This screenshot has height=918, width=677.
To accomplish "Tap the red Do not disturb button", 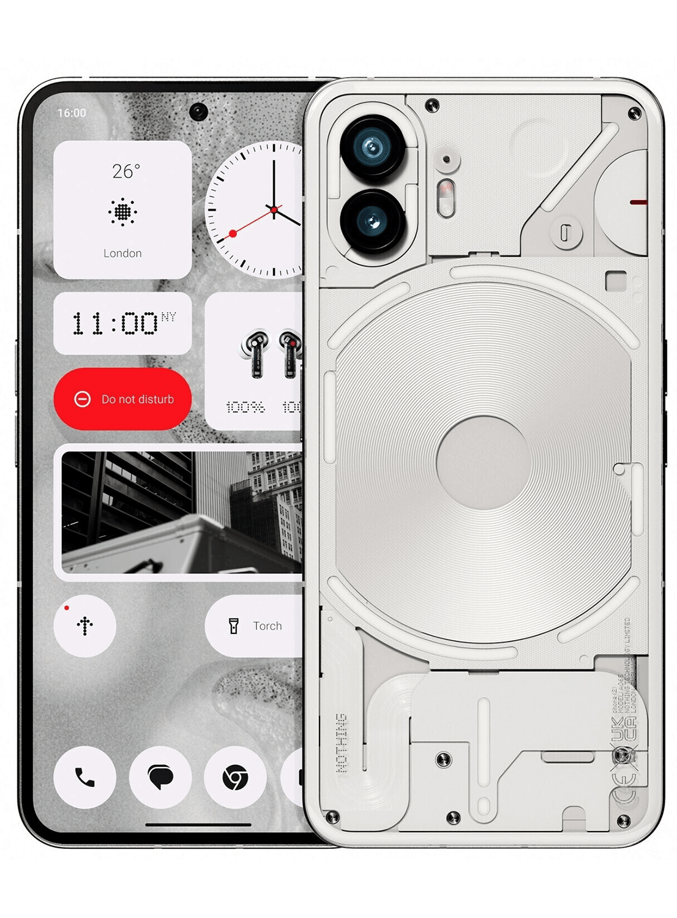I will click(122, 399).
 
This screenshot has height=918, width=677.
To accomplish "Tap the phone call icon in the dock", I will click(84, 777).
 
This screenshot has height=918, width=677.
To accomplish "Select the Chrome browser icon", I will click(235, 778).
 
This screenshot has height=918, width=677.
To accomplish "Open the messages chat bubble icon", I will click(160, 778).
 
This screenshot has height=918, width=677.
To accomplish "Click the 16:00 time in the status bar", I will click(72, 113).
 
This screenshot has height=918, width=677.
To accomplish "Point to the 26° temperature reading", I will click(125, 171).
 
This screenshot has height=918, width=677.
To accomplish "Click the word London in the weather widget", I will click(122, 253).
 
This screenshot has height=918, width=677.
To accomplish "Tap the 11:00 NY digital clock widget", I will click(122, 323).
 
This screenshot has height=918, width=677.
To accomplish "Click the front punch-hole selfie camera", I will click(198, 112).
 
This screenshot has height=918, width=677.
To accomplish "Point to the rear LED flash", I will click(446, 197).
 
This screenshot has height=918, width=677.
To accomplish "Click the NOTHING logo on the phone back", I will click(342, 742).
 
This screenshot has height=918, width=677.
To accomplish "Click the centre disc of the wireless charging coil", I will click(483, 463).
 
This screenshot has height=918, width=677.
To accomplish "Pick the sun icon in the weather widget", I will click(123, 212).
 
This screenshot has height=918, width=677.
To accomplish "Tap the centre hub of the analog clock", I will click(274, 210).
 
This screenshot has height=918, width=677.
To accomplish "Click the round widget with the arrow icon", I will click(84, 625).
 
